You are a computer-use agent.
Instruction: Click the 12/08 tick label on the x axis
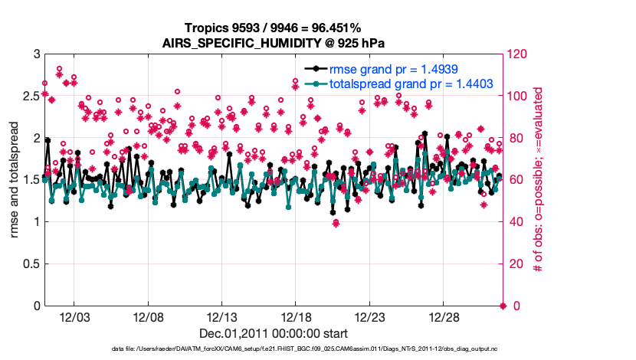click(148, 316)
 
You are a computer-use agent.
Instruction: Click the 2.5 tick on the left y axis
click(31, 97)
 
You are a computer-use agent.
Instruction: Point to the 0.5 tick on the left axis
click(31, 264)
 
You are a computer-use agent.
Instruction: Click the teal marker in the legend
click(313, 83)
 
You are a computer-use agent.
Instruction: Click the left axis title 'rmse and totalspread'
click(14, 180)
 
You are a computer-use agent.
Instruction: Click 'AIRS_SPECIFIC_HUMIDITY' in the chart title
click(225, 42)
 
